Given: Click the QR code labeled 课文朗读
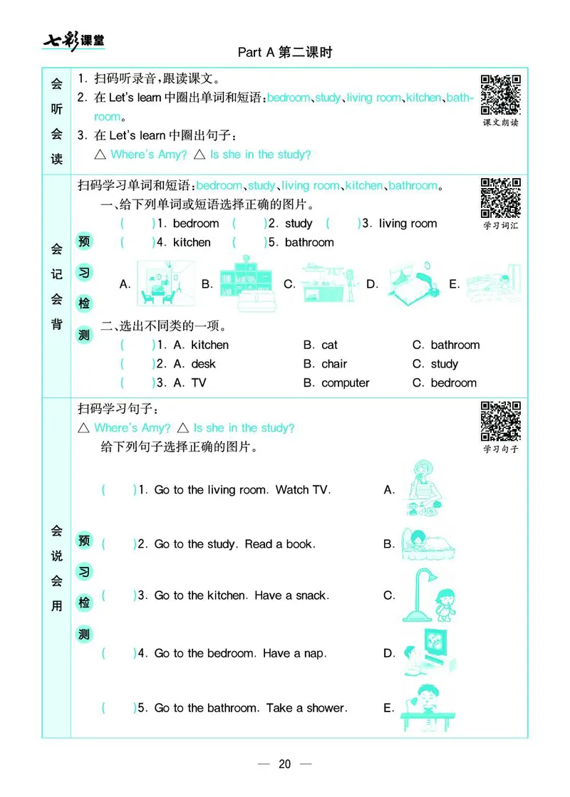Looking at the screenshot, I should point(501,95).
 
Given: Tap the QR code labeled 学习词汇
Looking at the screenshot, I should point(501,198).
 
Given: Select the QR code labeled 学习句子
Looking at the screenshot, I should point(501,421).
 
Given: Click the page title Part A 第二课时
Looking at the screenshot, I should point(285,53).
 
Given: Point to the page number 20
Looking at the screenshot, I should point(285,764).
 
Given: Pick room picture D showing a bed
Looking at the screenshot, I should point(413,283).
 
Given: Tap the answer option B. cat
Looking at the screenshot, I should point(321,345).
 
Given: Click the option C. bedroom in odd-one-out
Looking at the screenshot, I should point(445,382).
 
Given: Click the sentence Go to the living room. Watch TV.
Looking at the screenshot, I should point(242,490).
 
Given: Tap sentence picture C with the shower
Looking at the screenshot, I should point(426,595).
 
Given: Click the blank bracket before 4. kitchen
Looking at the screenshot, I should point(138,242).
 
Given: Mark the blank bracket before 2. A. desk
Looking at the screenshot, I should point(138,364).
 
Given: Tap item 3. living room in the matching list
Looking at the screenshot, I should point(400,224).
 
